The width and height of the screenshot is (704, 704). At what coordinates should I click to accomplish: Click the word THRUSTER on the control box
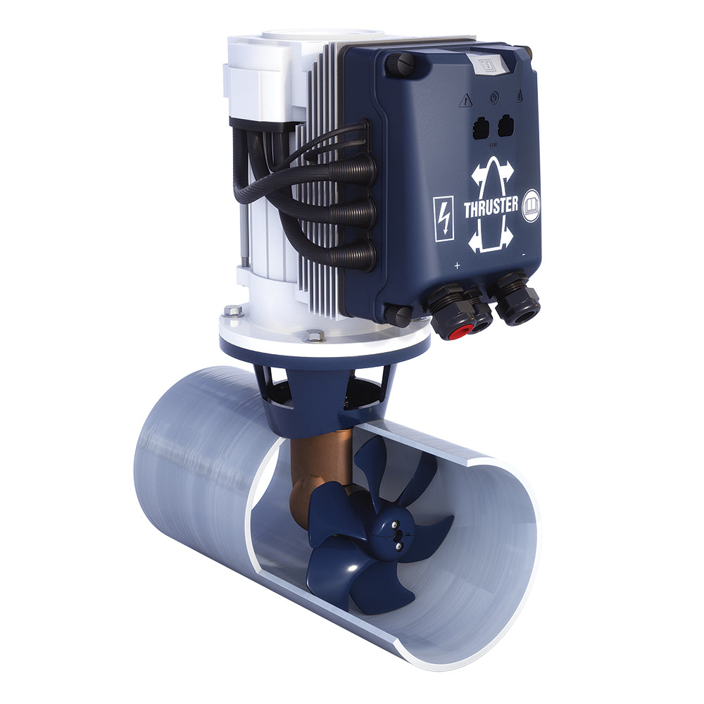pos(491,208)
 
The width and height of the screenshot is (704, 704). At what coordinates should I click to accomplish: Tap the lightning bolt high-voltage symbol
pos(444,219)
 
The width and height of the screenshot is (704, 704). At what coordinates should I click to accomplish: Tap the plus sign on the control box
pos(457,265)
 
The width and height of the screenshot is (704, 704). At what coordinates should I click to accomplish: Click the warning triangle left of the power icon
pos(465,101)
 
